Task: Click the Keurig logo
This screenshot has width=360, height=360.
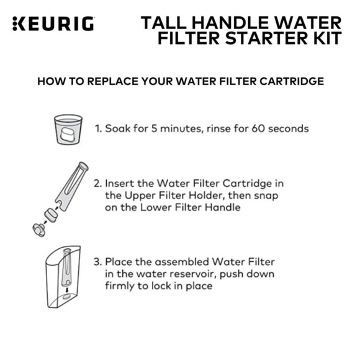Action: (x=53, y=24)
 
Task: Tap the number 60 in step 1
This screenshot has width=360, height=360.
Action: (x=251, y=129)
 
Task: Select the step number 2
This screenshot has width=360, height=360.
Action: (x=97, y=184)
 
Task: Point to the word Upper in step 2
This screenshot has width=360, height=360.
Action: (x=138, y=196)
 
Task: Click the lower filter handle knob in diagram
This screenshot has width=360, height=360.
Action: (x=38, y=227)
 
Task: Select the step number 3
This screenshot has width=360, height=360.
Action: (x=97, y=261)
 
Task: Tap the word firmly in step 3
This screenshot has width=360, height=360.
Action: (x=119, y=286)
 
